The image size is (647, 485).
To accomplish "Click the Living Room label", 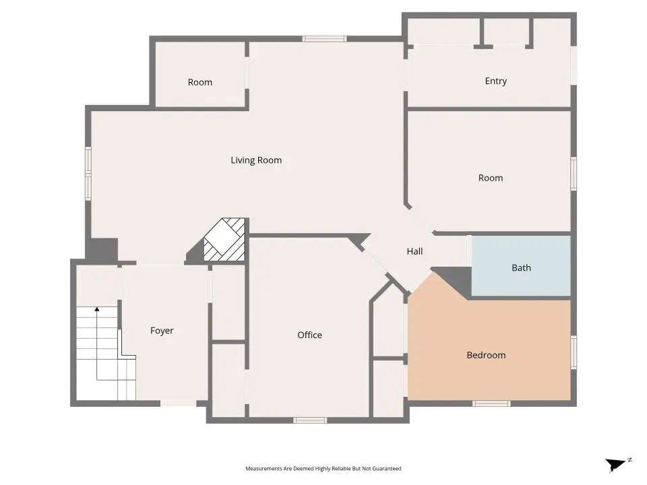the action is (x=256, y=160).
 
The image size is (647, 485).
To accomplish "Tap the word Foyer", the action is (x=162, y=331).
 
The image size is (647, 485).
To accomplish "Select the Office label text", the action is (x=309, y=335).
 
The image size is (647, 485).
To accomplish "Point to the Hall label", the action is (x=414, y=251).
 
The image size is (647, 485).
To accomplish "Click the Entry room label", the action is (x=495, y=81).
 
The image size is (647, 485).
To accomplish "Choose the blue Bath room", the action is (x=521, y=265).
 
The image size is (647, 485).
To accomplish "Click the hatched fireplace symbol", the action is (x=225, y=240).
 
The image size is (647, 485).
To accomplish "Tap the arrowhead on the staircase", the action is (x=97, y=309).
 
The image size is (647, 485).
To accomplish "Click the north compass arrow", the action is (x=617, y=464).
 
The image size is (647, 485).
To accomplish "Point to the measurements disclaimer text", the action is (x=323, y=469).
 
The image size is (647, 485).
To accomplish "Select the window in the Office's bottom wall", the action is (x=310, y=420).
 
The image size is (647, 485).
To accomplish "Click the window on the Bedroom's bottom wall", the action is (x=491, y=403).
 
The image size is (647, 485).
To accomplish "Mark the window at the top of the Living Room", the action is (x=324, y=39).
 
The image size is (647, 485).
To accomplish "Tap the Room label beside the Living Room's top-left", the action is (x=200, y=82).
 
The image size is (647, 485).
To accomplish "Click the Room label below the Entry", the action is (x=491, y=178).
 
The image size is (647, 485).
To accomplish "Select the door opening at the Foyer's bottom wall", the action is (x=178, y=403).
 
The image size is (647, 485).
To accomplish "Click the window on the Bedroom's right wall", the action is (x=574, y=352).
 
